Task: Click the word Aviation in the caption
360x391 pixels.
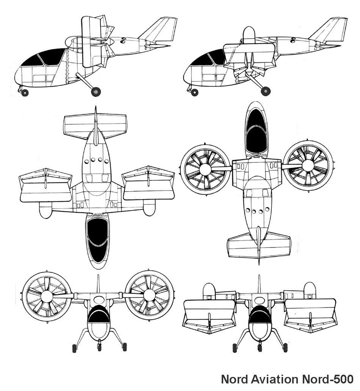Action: click(x=274, y=379)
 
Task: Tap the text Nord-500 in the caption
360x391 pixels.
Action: click(x=328, y=379)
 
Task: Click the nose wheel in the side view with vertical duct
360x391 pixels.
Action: click(x=25, y=93)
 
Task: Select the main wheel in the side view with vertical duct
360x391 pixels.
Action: click(x=95, y=92)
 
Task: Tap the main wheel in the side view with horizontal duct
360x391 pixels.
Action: click(x=265, y=91)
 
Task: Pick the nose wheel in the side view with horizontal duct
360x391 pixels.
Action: click(x=194, y=92)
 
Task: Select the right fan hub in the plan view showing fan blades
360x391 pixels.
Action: click(x=308, y=165)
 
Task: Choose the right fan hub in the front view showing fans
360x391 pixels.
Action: click(x=150, y=296)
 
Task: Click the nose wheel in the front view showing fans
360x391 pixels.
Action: click(x=99, y=347)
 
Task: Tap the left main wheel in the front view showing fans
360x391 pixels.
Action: click(x=74, y=348)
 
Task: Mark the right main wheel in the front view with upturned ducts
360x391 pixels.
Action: click(x=285, y=347)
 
